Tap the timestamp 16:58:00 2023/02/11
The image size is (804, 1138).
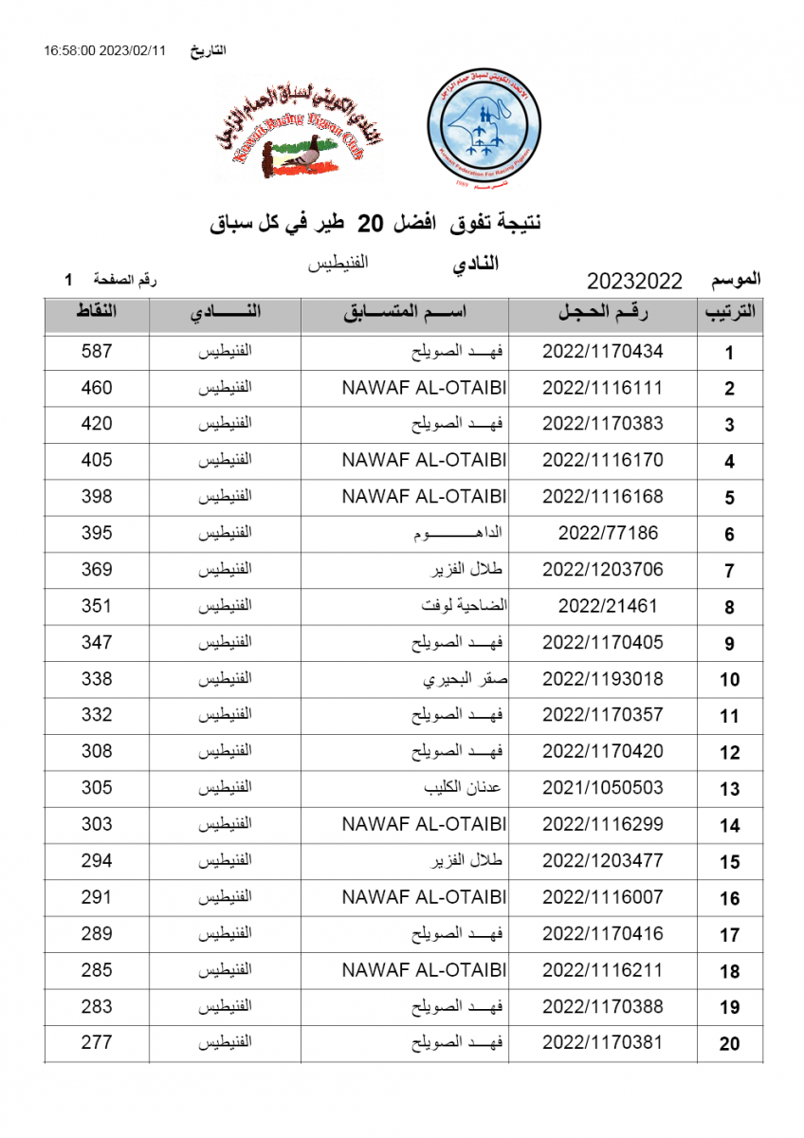(104, 51)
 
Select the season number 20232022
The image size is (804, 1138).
(635, 281)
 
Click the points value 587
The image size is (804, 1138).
(97, 352)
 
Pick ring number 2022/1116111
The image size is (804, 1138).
(603, 388)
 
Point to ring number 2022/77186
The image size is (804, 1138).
(608, 533)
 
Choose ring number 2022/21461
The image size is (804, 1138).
(608, 606)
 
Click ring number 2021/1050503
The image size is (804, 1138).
(603, 788)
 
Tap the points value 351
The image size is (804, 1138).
(97, 606)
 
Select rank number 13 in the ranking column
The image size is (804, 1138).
(729, 789)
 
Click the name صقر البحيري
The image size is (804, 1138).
(464, 679)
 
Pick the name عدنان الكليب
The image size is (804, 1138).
(465, 788)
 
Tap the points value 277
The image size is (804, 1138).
(97, 1042)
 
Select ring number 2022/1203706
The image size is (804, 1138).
(603, 570)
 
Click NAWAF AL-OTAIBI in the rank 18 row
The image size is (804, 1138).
(424, 970)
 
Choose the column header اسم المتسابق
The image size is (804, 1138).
(405, 314)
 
